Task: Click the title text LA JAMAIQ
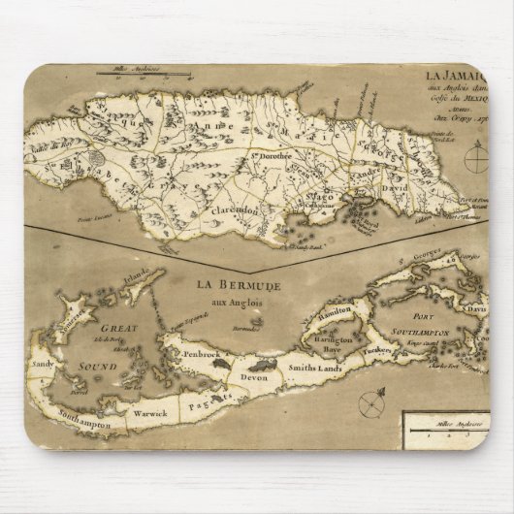click(x=457, y=74)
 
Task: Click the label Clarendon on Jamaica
click(x=230, y=207)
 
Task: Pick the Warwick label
click(x=150, y=413)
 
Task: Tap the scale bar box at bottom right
click(x=444, y=426)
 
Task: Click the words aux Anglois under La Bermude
click(x=236, y=302)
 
